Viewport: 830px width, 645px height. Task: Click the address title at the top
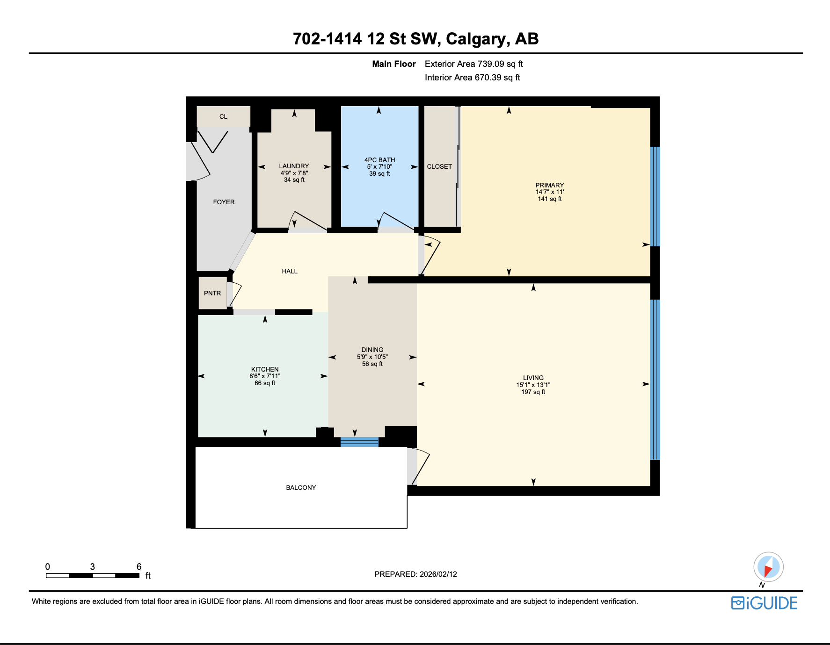(415, 39)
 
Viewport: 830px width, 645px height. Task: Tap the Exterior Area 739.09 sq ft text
(473, 64)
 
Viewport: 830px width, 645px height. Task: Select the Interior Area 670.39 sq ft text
(472, 78)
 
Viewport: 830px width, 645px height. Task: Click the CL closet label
(223, 116)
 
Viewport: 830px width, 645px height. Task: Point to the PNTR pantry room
(212, 293)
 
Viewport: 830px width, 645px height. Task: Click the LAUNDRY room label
(294, 166)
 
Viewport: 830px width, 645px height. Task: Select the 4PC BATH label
(379, 160)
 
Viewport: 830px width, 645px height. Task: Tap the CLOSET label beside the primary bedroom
(439, 166)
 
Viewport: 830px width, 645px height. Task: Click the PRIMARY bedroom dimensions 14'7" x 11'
(550, 192)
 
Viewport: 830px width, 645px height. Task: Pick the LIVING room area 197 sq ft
(533, 392)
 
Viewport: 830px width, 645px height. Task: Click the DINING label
(372, 350)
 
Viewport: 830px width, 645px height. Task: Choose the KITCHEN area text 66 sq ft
(265, 383)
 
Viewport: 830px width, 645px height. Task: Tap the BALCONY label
(301, 487)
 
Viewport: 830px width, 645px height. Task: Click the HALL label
(290, 271)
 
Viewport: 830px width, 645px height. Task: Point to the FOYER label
(224, 202)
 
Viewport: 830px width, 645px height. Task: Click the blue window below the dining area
(359, 442)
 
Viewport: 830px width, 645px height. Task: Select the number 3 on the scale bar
(93, 566)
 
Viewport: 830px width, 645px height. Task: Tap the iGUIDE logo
(764, 603)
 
